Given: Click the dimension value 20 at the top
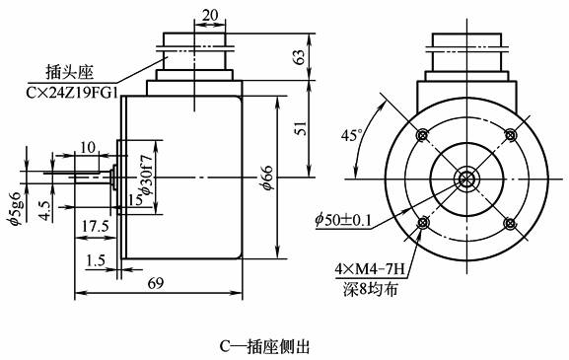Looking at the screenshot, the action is click(210, 15).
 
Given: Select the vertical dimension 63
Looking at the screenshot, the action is click(300, 56).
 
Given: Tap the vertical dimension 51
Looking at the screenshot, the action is click(300, 128).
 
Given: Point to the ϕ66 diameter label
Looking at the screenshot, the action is click(267, 178).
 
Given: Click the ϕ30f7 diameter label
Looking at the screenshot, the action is click(147, 175).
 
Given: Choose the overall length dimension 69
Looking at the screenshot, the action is click(156, 283).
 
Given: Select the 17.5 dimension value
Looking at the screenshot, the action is click(95, 227).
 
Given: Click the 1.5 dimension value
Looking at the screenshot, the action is click(96, 260).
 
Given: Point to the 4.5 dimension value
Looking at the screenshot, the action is click(44, 210).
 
